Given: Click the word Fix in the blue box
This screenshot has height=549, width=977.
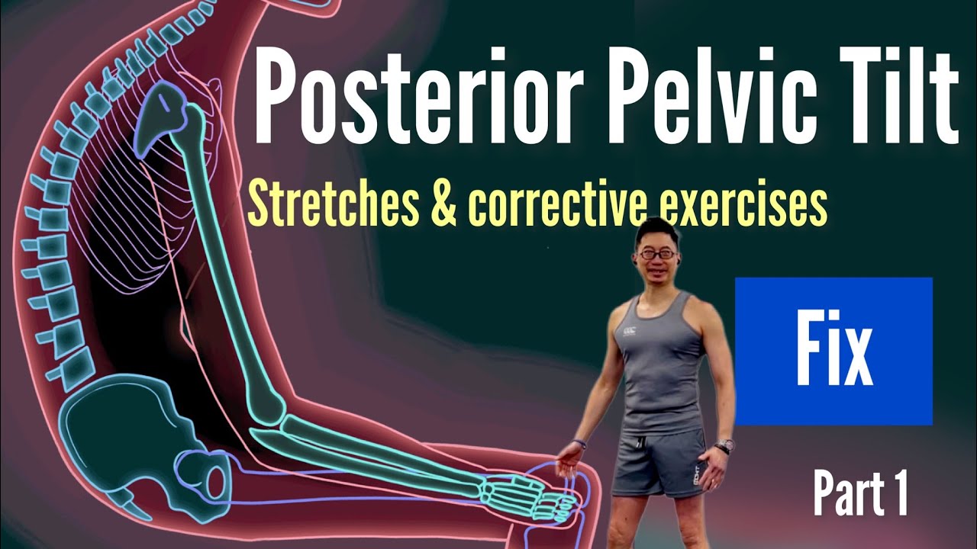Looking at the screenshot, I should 834,352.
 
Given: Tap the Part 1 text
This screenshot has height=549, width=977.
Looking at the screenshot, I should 860,493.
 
